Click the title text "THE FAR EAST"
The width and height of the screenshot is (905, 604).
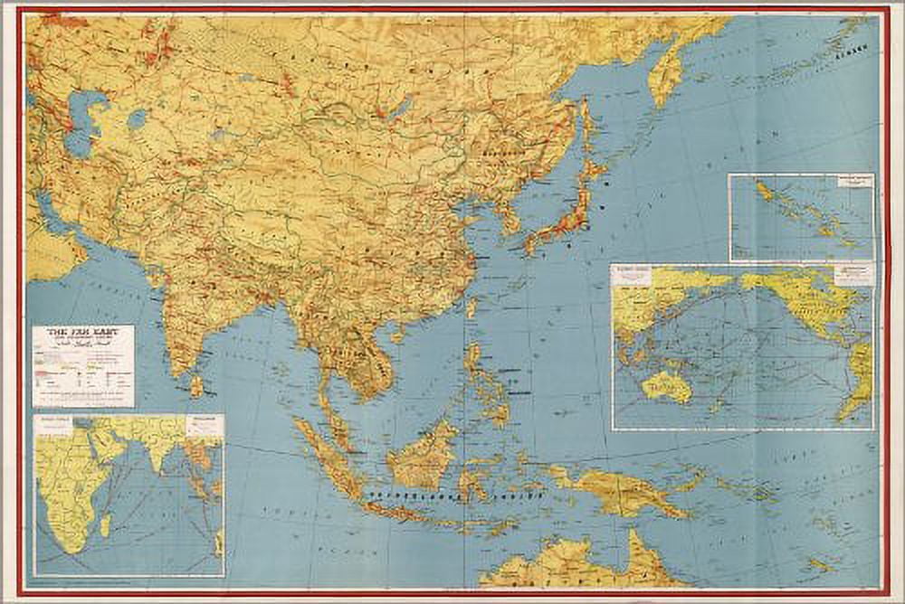tap(82, 335)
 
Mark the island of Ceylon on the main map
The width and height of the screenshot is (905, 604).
tap(196, 386)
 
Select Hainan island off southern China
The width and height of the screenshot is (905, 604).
tap(397, 335)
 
